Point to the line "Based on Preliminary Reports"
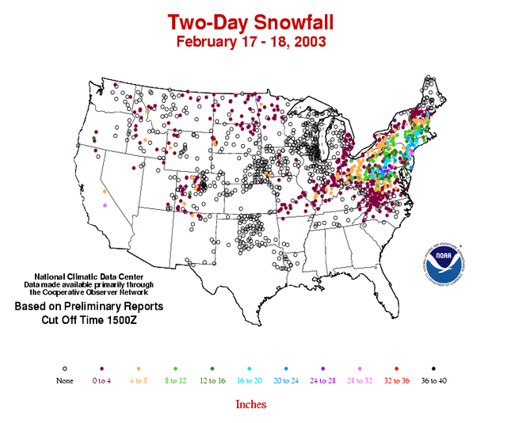click(x=89, y=306)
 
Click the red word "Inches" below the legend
click(x=250, y=404)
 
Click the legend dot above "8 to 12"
click(x=175, y=369)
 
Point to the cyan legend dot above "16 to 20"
click(x=250, y=369)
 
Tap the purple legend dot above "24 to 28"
click(x=323, y=369)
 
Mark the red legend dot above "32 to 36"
click(x=398, y=369)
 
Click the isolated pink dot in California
click(x=105, y=206)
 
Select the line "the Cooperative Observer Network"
click(x=88, y=292)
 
